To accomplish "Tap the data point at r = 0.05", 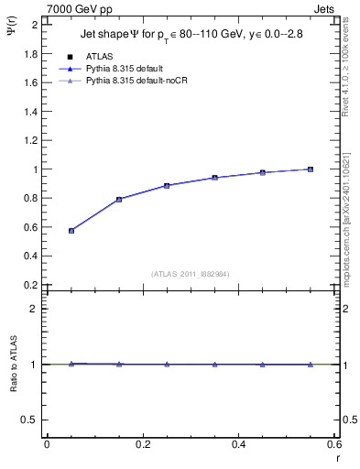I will click(x=71, y=231).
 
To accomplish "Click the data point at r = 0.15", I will click(x=119, y=199).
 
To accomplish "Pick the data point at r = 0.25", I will click(x=167, y=185).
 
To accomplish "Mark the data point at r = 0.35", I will click(x=215, y=178).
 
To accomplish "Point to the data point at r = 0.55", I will click(x=311, y=169).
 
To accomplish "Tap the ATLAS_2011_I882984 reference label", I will click(x=190, y=274).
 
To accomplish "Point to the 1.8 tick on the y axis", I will click(x=32, y=53).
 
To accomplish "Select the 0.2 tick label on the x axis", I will click(x=143, y=444).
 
